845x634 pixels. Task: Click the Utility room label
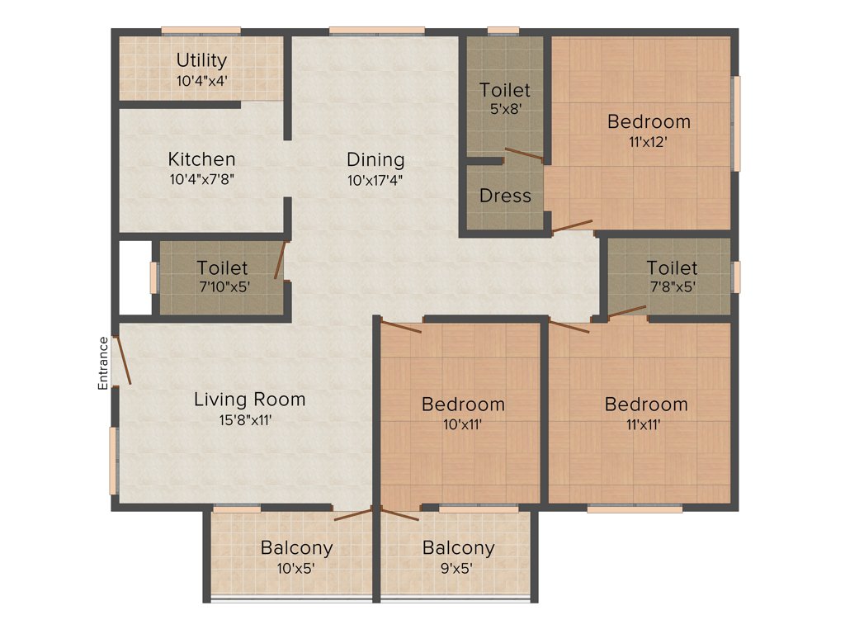pos(201,60)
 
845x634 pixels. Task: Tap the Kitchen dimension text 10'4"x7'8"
pos(202,178)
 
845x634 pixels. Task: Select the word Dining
pos(375,159)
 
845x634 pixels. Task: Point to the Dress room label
pos(505,196)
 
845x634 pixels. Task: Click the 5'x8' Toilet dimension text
pos(504,109)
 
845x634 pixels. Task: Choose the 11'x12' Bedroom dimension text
pos(648,141)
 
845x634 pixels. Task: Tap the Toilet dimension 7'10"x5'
pos(222,287)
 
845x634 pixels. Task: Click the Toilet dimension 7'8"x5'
pos(672,287)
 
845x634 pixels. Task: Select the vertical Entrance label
pos(103,363)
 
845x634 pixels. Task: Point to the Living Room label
pos(249,400)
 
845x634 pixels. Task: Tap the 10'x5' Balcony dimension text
pos(296,567)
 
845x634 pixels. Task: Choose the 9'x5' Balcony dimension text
pos(458,567)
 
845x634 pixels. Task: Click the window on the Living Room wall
pos(114,461)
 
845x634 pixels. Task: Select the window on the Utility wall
pos(201,31)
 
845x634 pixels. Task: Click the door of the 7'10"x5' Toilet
pos(281,260)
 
